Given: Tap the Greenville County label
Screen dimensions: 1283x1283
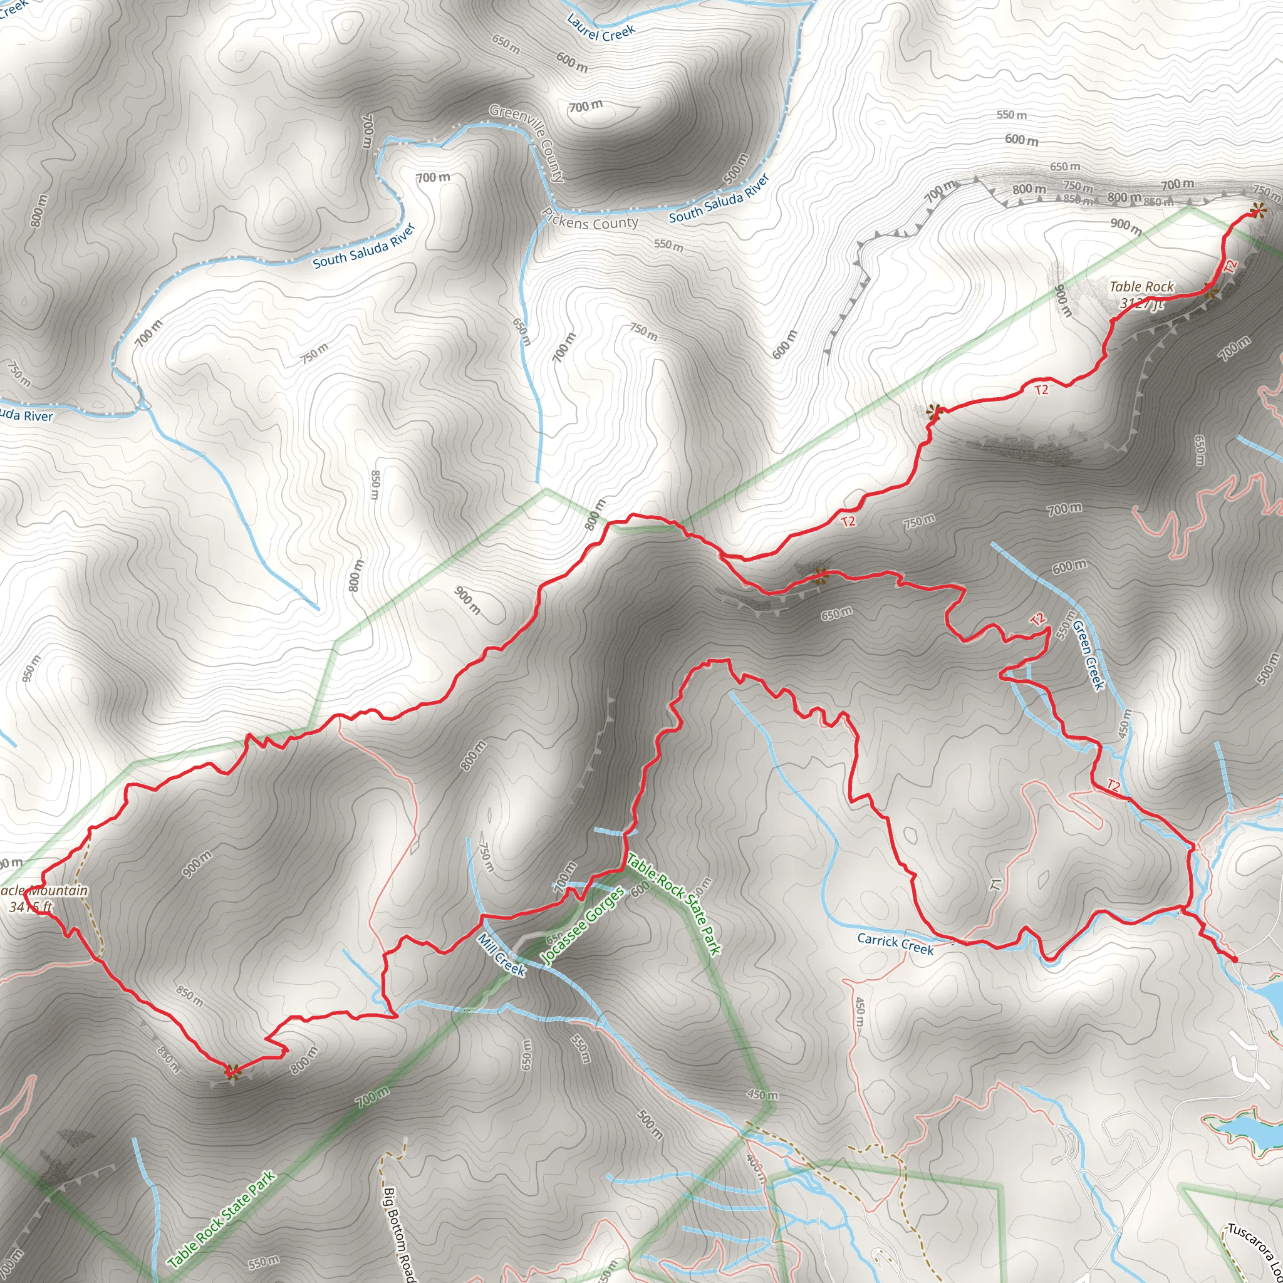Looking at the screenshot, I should pyautogui.click(x=527, y=142).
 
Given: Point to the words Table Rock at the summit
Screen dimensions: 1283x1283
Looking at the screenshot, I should pyautogui.click(x=1141, y=286).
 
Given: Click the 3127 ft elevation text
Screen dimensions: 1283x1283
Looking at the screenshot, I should pyautogui.click(x=1141, y=303).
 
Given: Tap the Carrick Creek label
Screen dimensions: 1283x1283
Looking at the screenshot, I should pyautogui.click(x=895, y=943).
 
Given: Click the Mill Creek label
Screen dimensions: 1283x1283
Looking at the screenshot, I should pyautogui.click(x=501, y=955).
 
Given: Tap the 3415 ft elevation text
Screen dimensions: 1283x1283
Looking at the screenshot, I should pyautogui.click(x=31, y=906).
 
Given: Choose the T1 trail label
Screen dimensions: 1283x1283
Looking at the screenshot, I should pyautogui.click(x=995, y=884).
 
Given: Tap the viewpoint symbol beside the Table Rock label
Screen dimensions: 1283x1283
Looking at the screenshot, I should pyautogui.click(x=1212, y=293).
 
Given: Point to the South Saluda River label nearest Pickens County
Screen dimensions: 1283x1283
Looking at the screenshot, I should pyautogui.click(x=719, y=199).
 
